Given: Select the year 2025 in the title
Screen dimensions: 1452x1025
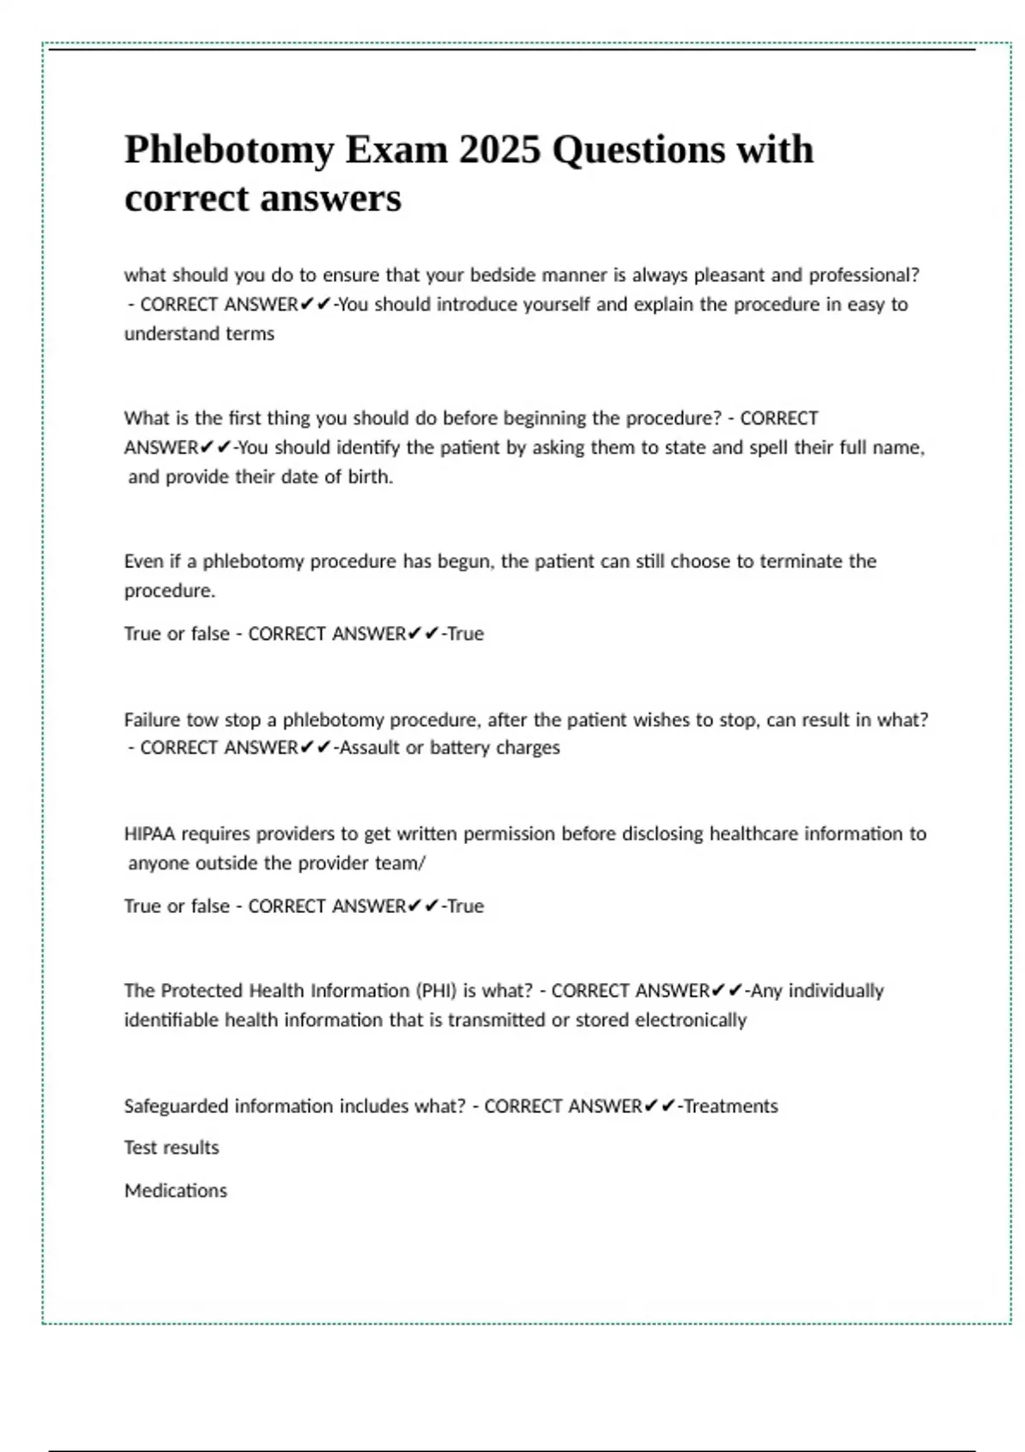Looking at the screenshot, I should pyautogui.click(x=500, y=149).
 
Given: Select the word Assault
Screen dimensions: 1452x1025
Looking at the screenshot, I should pyautogui.click(x=369, y=747).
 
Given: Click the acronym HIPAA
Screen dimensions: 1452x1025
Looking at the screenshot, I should pyautogui.click(x=149, y=834).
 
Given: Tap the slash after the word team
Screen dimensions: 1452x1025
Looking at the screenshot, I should pyautogui.click(x=423, y=863).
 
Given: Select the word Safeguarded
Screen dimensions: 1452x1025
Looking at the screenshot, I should pyautogui.click(x=176, y=1106).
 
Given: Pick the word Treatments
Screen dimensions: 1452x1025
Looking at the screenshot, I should pyautogui.click(x=731, y=1106).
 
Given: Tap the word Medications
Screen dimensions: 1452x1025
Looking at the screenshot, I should pyautogui.click(x=176, y=1191).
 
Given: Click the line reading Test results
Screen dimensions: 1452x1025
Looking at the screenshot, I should pyautogui.click(x=172, y=1148).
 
